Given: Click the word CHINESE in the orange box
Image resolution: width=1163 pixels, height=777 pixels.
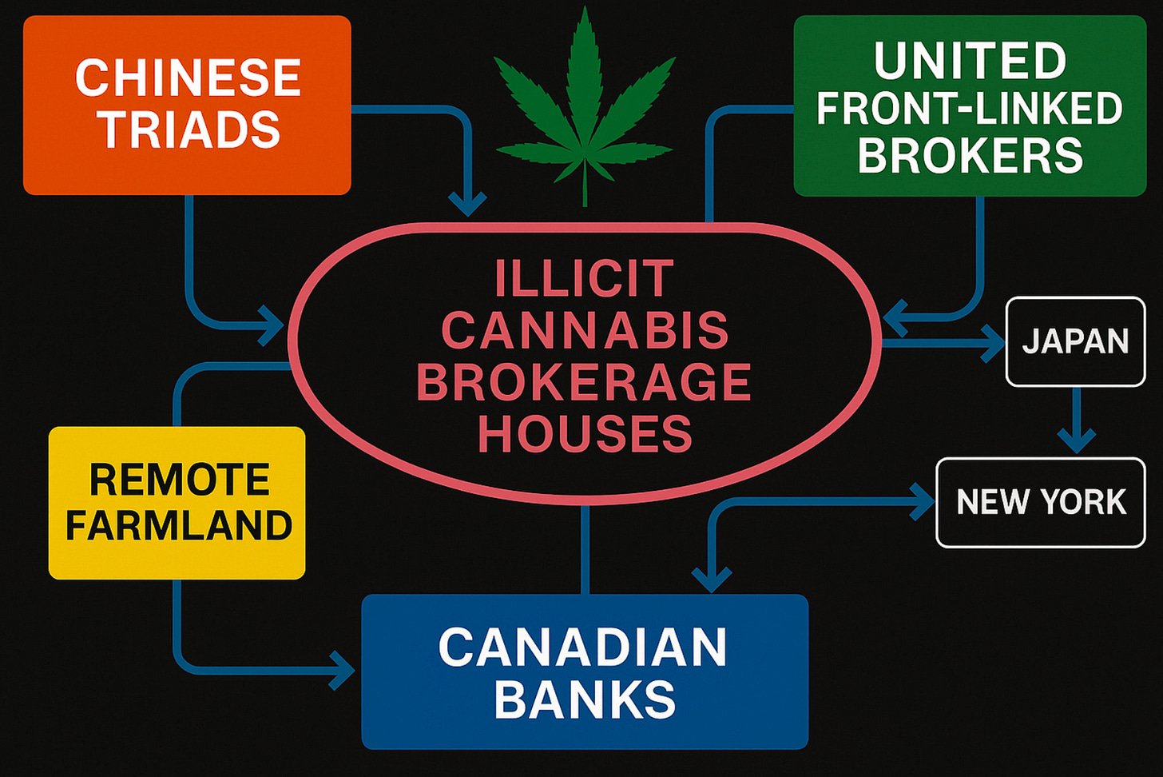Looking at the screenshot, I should [188, 78].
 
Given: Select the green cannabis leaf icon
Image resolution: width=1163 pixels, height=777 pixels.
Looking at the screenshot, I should [585, 112].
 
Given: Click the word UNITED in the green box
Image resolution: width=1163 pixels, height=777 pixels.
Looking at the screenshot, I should [970, 61].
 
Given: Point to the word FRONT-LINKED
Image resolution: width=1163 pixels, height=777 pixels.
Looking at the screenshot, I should [970, 109].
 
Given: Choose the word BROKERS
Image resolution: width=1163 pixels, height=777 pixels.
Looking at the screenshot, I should [970, 155].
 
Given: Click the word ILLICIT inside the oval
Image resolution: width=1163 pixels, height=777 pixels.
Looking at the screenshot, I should [585, 279].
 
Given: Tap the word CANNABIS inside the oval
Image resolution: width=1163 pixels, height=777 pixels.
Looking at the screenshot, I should [585, 330].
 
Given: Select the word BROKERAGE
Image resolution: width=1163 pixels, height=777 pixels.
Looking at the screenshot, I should [585, 382].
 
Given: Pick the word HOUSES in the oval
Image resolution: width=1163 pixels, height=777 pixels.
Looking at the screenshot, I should [585, 433].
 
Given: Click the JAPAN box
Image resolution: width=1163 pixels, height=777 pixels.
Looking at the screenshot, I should [1075, 341].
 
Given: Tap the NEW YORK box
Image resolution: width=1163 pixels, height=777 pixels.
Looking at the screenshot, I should [1041, 502].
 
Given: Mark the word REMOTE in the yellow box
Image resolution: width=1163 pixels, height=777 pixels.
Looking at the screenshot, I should [179, 480].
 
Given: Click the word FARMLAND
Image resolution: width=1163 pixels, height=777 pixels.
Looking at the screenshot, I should [179, 525].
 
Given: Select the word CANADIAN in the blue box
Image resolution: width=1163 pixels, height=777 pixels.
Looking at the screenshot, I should [583, 647].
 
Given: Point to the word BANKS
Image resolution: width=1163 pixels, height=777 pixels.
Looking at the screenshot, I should [585, 699].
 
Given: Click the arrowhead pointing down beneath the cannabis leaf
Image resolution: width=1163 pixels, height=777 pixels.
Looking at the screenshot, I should [467, 203].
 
